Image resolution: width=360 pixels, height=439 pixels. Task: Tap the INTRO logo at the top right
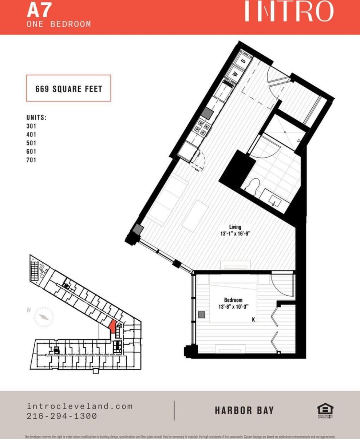[x=288, y=12]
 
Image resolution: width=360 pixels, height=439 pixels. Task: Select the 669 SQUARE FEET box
[x=68, y=88]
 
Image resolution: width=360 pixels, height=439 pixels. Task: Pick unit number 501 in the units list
[x=31, y=143]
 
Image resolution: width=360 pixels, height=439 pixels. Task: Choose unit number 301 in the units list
[x=31, y=126]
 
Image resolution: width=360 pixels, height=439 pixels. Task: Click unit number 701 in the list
[x=31, y=160]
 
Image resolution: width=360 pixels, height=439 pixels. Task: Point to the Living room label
[x=235, y=227]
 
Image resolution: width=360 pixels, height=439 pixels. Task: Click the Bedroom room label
[x=233, y=300]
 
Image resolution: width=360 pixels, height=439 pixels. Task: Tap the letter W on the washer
[x=236, y=74]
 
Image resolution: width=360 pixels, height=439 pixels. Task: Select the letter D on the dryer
[x=244, y=62]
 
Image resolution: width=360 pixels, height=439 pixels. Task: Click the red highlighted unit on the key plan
[x=113, y=326]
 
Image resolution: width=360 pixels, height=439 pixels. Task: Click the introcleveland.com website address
[x=80, y=406]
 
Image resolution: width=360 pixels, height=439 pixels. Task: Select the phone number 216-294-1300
[x=62, y=416]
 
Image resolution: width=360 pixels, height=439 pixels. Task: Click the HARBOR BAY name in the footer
[x=244, y=411]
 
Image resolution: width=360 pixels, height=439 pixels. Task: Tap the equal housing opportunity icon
[x=325, y=411]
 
